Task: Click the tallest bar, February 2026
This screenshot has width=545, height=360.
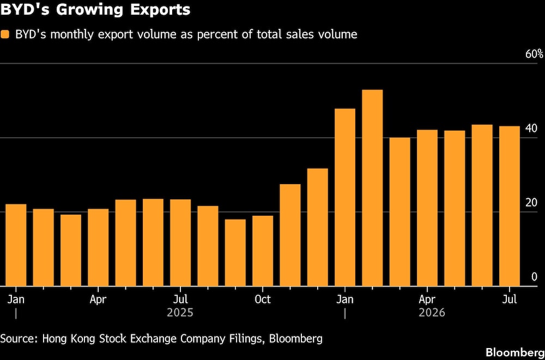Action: pos(372,188)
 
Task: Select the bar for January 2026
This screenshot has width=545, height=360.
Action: pos(345,197)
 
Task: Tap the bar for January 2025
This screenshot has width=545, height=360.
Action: pos(16,245)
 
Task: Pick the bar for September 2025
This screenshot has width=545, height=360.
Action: pos(235,253)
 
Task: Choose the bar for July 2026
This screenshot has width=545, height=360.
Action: pos(510,206)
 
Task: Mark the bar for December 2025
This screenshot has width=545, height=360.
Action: pos(317,227)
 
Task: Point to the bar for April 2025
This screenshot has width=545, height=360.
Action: pos(98,247)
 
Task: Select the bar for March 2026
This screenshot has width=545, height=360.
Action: pos(399,212)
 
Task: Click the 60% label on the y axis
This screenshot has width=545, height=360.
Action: pos(534,54)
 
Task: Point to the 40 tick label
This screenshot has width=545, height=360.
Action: pos(532,128)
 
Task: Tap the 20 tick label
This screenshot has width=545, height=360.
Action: pos(532,203)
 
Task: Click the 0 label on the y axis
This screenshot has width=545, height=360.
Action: pos(535,277)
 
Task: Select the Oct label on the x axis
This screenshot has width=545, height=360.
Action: pos(263,299)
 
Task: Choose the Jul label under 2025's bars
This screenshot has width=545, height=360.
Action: pos(180,299)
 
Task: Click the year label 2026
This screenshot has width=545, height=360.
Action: pos(432,313)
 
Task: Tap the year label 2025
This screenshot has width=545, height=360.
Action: pos(180,313)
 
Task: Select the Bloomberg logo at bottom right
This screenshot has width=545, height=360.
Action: pos(515,352)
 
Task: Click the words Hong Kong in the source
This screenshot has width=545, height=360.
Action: pos(65,339)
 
